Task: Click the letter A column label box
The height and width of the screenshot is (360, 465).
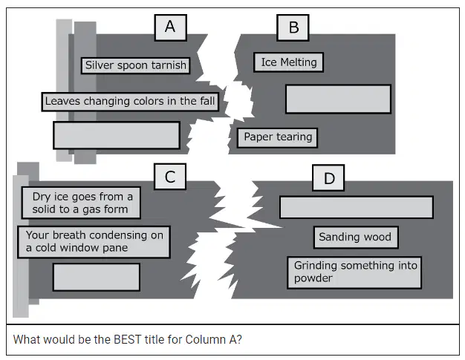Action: coord(171,27)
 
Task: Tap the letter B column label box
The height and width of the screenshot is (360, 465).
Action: coord(293,27)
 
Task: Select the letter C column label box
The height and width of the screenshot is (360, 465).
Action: coord(170,177)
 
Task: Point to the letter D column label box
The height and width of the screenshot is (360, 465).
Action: coord(328,178)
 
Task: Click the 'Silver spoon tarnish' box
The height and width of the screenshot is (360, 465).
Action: coord(135,65)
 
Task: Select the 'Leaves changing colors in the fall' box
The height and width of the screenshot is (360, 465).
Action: coord(130,102)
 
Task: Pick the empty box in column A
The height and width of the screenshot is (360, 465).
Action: coord(117,135)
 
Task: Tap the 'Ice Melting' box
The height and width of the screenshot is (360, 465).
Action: coord(288,62)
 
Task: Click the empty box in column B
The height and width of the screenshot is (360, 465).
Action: coord(339,99)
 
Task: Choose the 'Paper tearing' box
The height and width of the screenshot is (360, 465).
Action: coord(278,137)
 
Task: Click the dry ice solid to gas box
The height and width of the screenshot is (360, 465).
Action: coord(81,203)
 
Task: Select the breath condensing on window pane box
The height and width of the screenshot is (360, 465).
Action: coord(94,242)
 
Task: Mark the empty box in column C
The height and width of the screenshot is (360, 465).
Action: coord(97,277)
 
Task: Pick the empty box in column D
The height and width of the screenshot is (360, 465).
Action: coord(357,207)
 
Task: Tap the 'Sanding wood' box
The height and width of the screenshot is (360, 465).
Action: coord(356,238)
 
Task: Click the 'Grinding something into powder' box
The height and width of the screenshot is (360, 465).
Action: coord(354,272)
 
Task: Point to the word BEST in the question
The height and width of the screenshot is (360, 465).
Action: coord(127,339)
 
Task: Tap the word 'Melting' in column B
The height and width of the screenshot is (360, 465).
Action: coord(299,62)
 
